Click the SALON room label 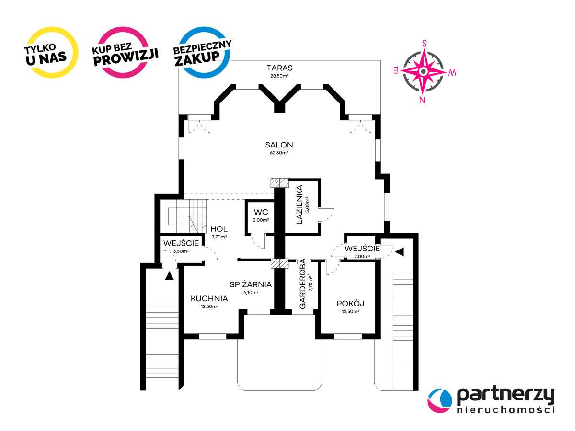tap(279, 145)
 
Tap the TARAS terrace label tap(279, 68)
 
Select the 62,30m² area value tap(279, 153)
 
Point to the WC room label tap(261, 212)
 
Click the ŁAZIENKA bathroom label tap(299, 204)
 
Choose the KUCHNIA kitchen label tap(209, 298)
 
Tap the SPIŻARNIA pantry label tap(251, 284)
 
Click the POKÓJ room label tap(350, 303)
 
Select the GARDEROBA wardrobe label tap(302, 284)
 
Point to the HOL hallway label tap(219, 229)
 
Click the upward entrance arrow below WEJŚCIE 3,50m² tap(169, 276)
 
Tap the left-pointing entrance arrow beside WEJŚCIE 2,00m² tap(400, 252)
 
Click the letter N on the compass tap(422, 100)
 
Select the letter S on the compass tap(425, 44)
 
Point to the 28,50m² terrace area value tap(279, 76)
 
